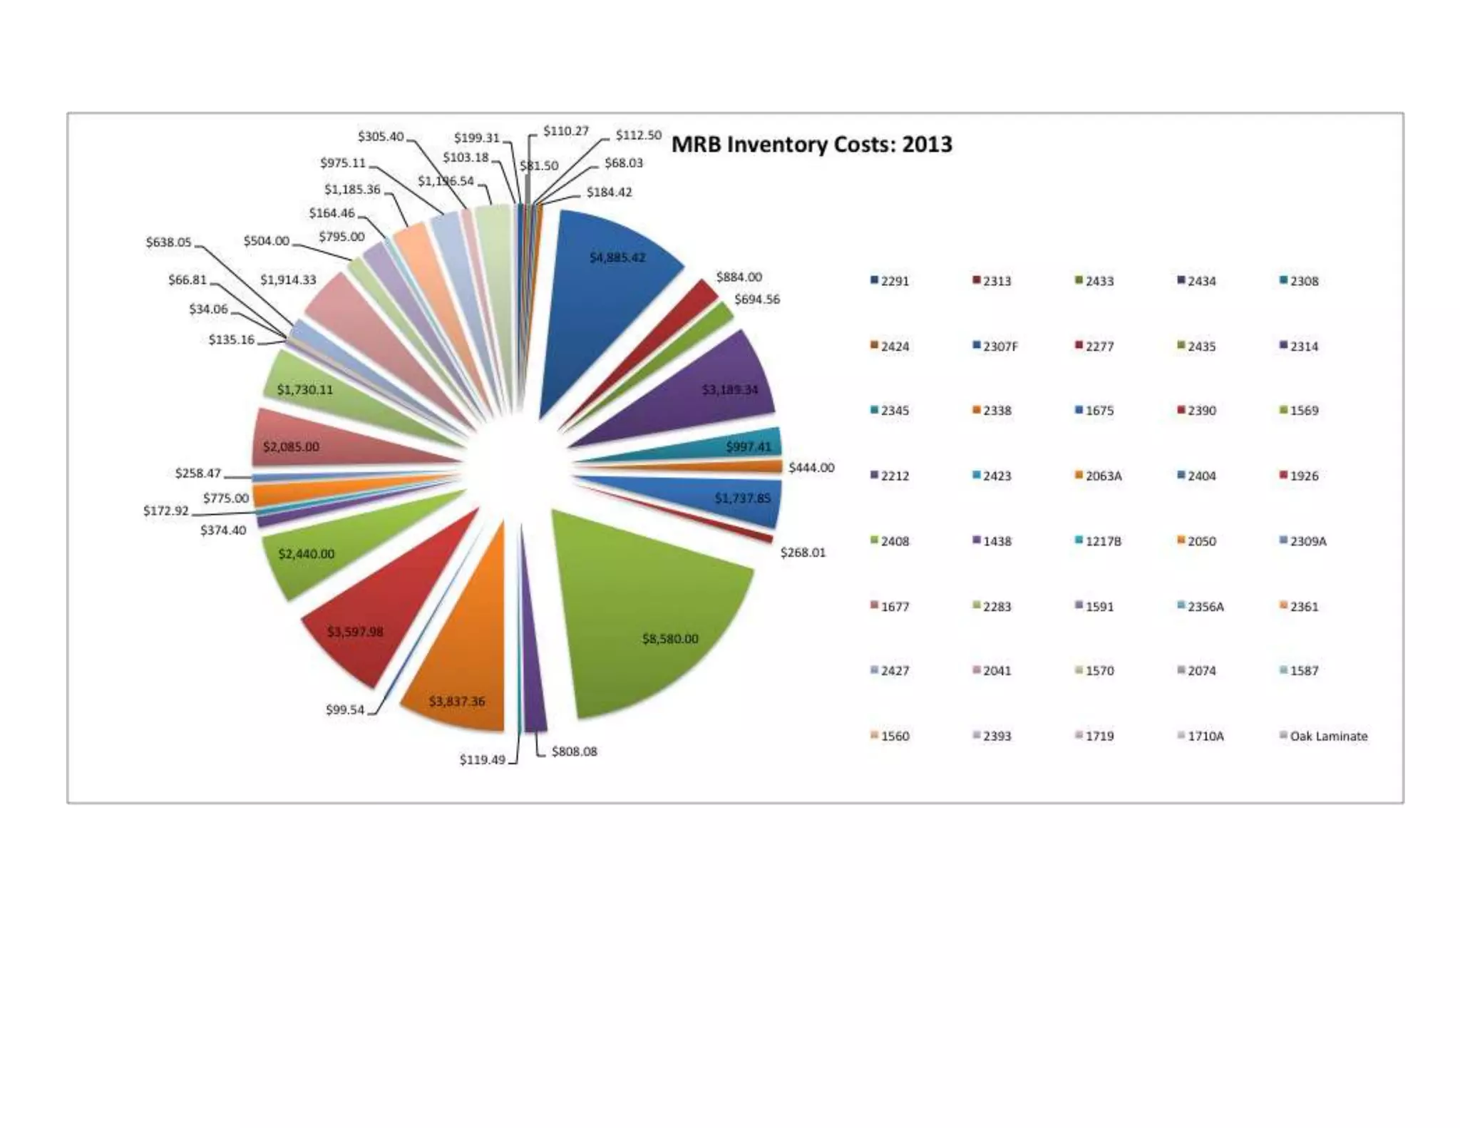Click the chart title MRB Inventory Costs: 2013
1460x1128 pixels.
pos(811,145)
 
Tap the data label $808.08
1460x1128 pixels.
pos(574,752)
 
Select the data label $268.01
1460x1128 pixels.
pos(803,553)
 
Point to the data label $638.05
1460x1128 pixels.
pos(169,242)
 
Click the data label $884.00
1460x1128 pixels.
pos(739,277)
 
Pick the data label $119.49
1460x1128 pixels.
pos(482,760)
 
